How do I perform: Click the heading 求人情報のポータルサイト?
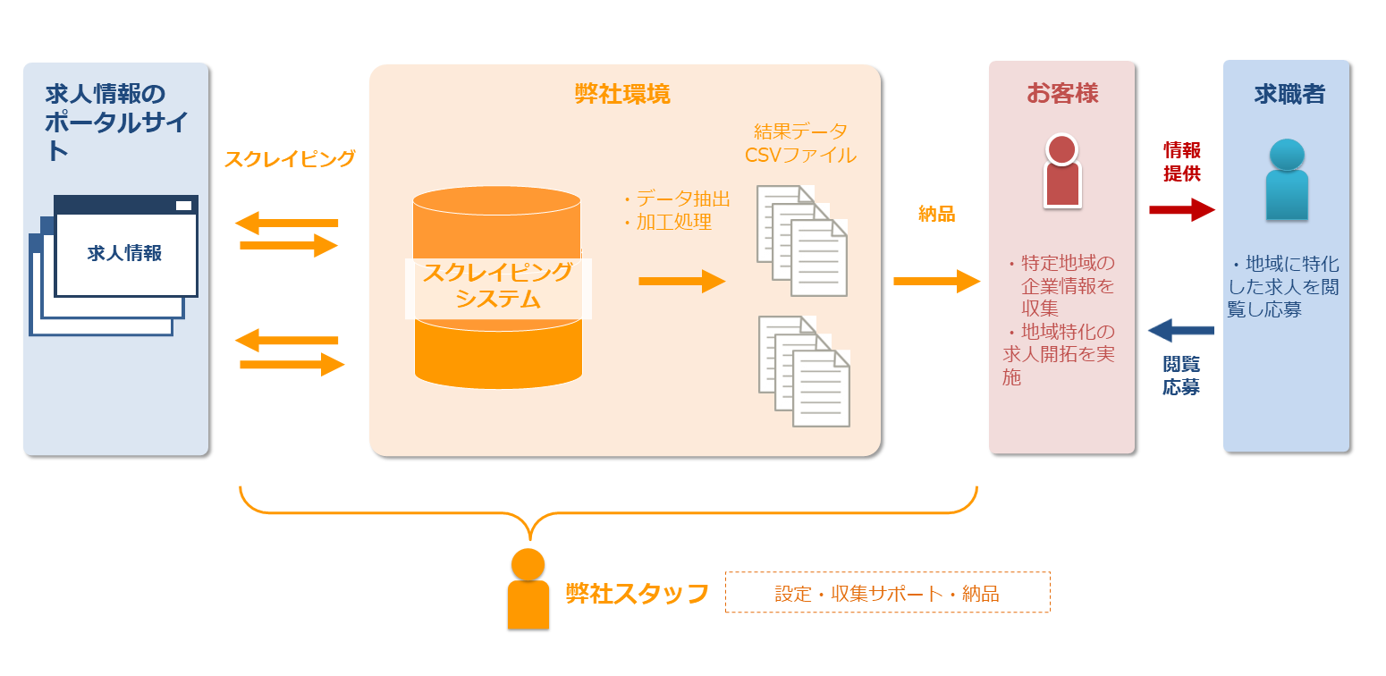click(x=115, y=122)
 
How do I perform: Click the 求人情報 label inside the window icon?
click(x=124, y=253)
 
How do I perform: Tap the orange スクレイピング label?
click(x=290, y=159)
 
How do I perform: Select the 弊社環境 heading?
click(x=622, y=94)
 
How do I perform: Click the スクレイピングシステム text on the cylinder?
click(x=497, y=285)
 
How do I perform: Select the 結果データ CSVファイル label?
click(x=800, y=143)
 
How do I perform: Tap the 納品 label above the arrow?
click(x=936, y=214)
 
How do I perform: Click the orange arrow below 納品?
click(x=936, y=282)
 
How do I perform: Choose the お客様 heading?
click(x=1061, y=93)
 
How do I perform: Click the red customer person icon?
click(x=1061, y=171)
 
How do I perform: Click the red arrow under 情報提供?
click(x=1181, y=210)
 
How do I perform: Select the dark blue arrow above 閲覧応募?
click(x=1180, y=331)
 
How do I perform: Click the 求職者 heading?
click(x=1289, y=94)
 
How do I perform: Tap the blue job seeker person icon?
click(x=1287, y=180)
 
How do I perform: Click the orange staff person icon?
click(x=528, y=589)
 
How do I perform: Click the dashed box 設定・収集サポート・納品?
click(x=887, y=593)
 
